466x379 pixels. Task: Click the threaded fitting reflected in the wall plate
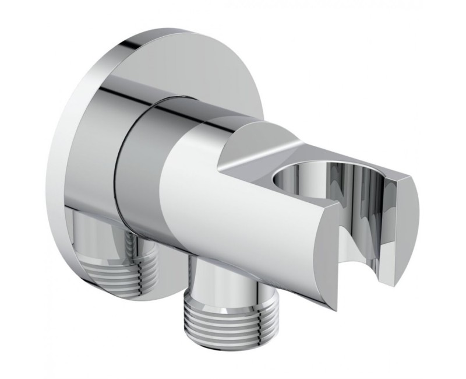tap(125, 257)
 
